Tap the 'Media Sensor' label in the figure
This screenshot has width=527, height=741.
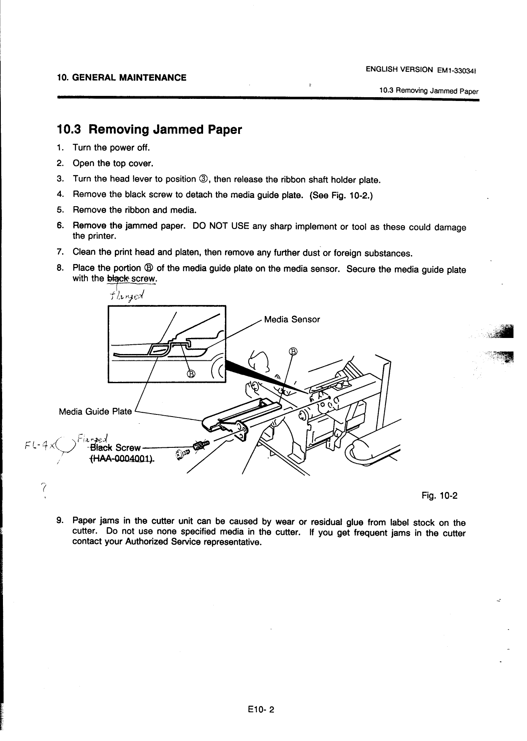(292, 319)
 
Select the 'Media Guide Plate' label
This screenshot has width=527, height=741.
(95, 411)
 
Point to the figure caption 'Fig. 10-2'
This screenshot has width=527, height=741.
(440, 495)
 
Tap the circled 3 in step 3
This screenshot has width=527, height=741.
(204, 179)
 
